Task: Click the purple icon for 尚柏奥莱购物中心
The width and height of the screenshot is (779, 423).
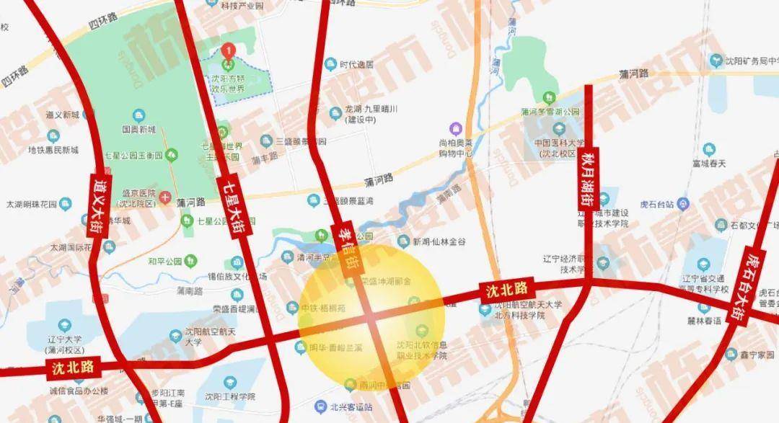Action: (x=455, y=128)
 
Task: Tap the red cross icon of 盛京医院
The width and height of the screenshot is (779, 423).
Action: (x=167, y=196)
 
